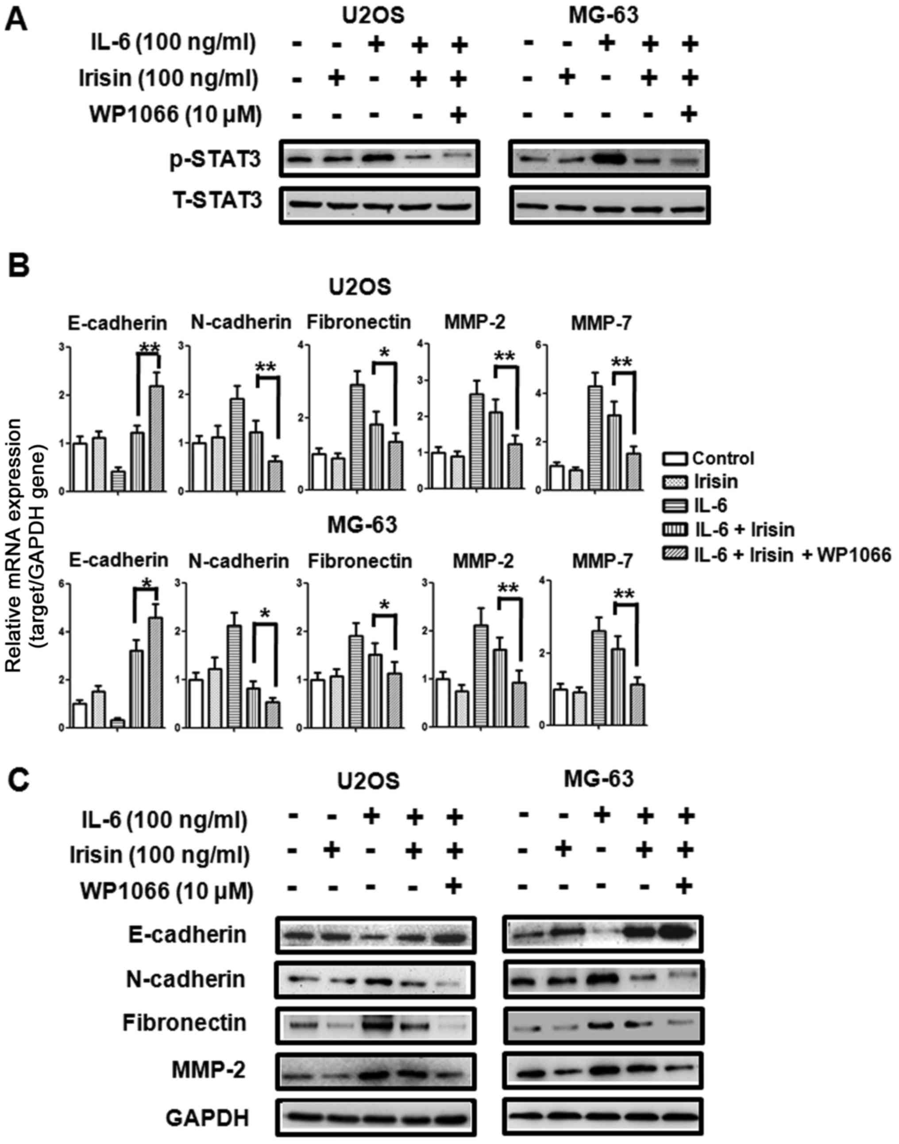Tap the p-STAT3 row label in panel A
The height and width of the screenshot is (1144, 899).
[x=215, y=159]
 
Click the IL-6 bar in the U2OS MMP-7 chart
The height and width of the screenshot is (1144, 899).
[x=595, y=438]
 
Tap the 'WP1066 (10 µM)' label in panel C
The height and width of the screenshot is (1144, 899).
[x=166, y=891]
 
